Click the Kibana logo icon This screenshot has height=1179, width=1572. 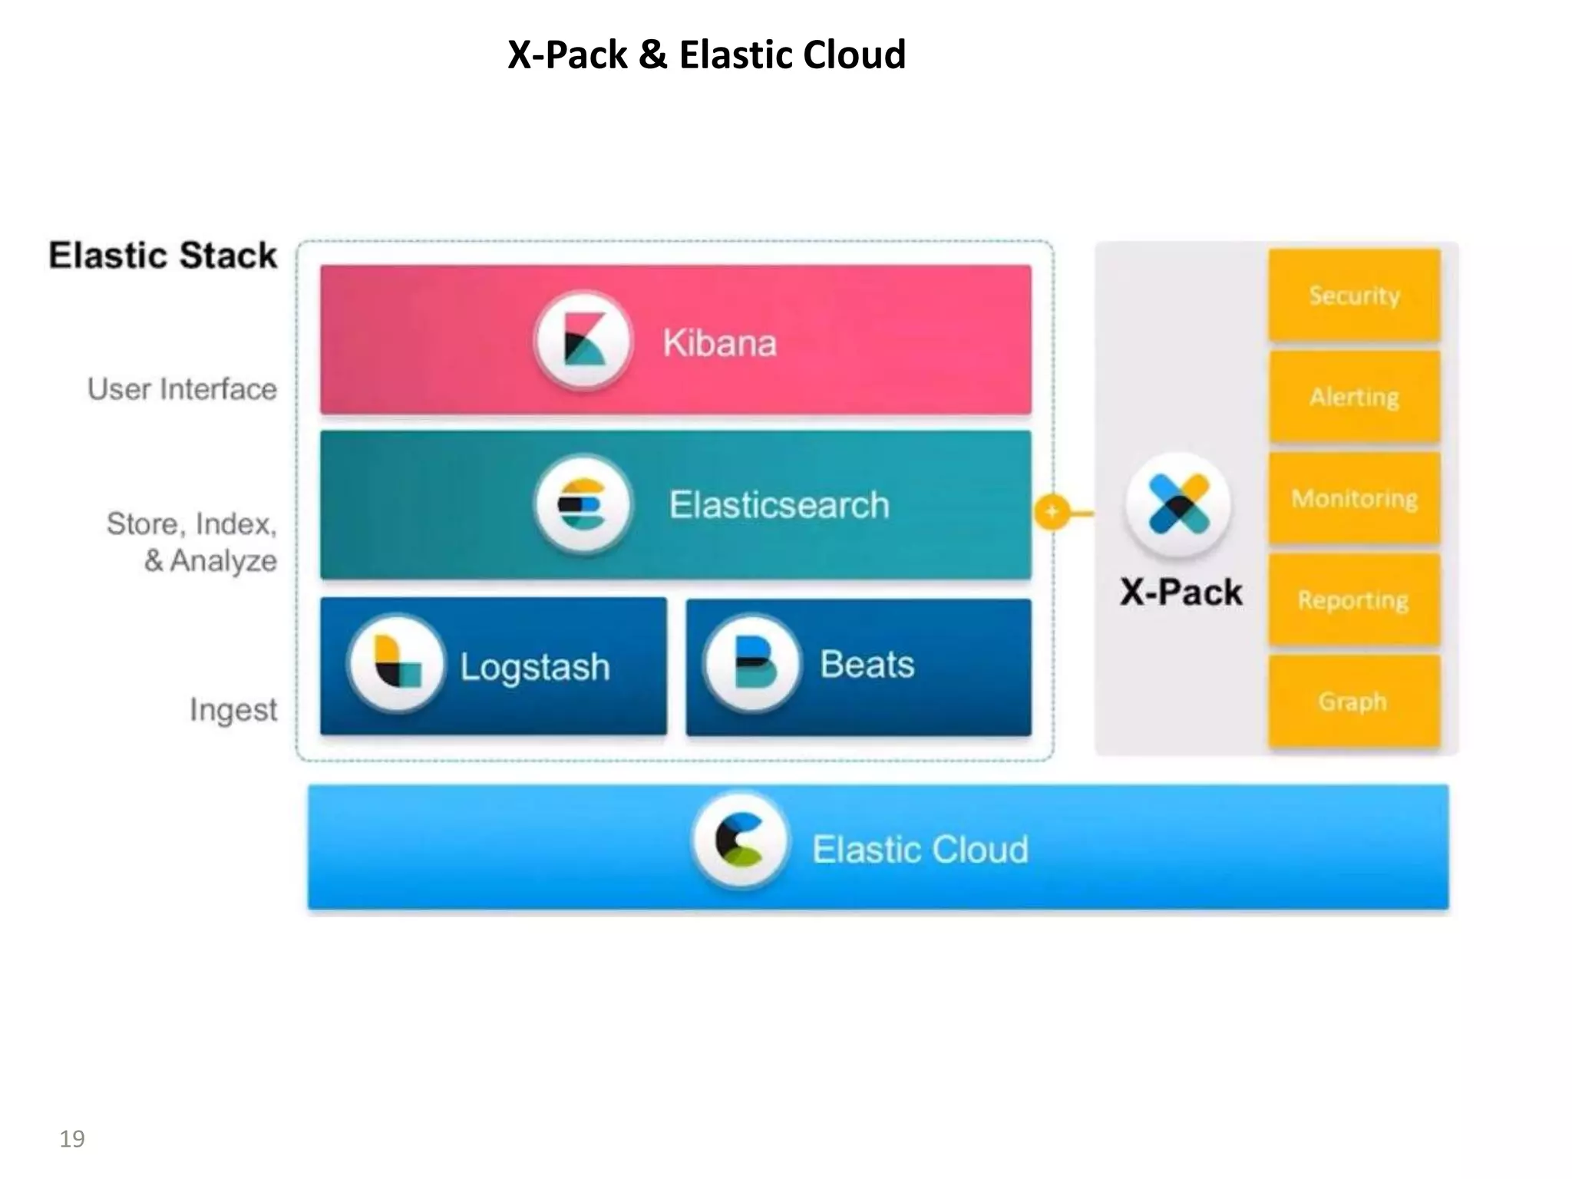click(583, 342)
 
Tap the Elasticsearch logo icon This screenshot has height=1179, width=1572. click(583, 504)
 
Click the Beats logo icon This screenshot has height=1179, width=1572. click(753, 663)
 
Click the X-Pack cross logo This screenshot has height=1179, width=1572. click(1179, 504)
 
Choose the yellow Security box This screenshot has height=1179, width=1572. click(1354, 295)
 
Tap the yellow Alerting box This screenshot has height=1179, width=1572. click(1354, 397)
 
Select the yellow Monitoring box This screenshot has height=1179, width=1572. click(1354, 499)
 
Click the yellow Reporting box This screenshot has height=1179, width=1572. click(1354, 600)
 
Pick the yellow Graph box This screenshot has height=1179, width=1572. click(1354, 701)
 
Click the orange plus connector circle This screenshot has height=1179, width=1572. click(1052, 512)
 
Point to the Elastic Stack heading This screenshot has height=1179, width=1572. click(163, 256)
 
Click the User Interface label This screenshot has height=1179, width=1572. click(182, 389)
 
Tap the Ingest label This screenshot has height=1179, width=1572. click(233, 709)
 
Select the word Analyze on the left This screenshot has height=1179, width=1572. click(223, 560)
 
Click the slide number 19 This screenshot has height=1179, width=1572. click(72, 1138)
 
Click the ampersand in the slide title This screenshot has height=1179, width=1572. click(652, 55)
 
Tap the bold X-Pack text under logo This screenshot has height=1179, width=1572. click(1181, 592)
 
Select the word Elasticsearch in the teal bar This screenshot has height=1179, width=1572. click(779, 505)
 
